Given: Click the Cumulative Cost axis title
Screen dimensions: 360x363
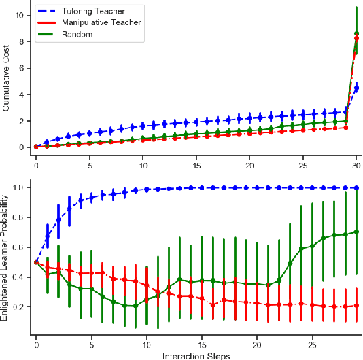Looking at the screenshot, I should pos(6,78).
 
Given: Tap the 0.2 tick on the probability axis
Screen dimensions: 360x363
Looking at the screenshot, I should pos(19,307).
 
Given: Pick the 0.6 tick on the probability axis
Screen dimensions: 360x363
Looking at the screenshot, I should pos(19,247).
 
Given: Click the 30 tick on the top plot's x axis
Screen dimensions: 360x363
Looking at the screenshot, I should pos(356,166).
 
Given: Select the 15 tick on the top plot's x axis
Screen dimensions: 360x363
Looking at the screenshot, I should pos(196,166).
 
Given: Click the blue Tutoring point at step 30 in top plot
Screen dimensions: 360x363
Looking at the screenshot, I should pos(357,88).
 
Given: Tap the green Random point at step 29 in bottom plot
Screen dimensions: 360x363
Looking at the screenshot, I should pos(356,232).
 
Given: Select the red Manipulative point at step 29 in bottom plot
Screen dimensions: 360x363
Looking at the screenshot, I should pos(356,306).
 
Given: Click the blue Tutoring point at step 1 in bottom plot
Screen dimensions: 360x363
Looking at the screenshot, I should pos(47,236).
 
